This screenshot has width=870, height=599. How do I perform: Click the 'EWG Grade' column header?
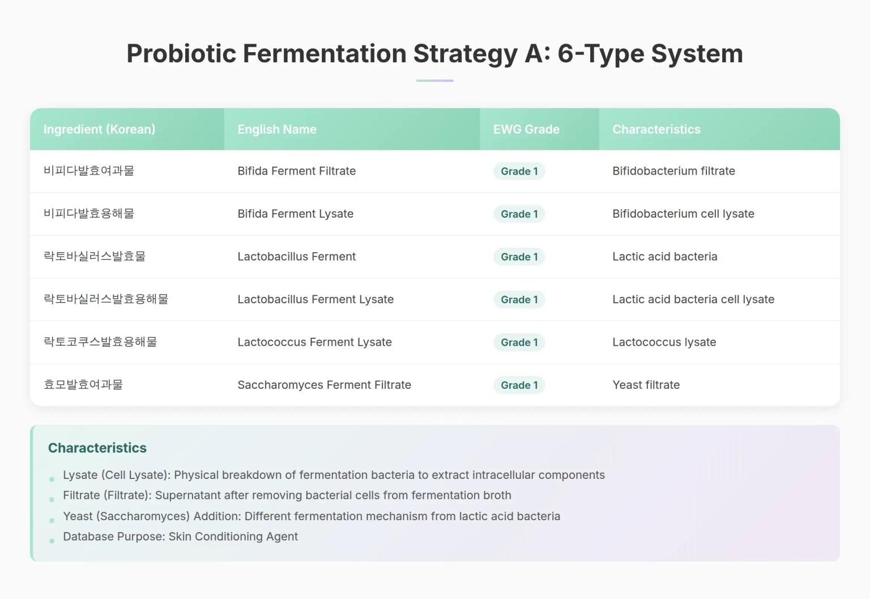coord(526,129)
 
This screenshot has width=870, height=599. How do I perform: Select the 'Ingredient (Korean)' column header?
coord(99,129)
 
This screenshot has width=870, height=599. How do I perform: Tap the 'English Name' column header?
coord(277,129)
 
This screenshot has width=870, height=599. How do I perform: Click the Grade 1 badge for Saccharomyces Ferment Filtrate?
coord(519,385)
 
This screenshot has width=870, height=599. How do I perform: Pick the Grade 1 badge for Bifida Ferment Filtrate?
coord(519,171)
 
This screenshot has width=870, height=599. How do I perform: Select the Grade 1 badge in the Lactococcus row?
coord(519,342)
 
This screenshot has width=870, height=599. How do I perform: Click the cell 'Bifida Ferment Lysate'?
coord(295,214)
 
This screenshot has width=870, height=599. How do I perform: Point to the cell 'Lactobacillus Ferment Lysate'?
coord(315,299)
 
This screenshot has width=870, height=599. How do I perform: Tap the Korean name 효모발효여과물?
coord(83,385)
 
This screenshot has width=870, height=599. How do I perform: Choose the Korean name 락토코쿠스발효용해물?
coord(100,342)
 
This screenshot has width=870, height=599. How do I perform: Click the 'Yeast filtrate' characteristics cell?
coord(646,385)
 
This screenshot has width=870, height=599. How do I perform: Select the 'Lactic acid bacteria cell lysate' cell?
coord(693,299)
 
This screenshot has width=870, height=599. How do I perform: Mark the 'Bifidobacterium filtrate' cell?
coord(673,171)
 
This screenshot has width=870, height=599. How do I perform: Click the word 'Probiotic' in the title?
coord(181,54)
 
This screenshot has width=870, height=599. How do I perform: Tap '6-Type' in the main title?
coord(600,54)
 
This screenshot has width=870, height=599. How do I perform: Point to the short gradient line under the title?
coord(434,80)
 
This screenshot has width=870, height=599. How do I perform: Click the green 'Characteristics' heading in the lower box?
coord(97,448)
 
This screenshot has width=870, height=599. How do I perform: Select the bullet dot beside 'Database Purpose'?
coord(52,541)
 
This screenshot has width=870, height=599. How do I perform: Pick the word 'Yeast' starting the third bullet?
coord(78,516)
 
